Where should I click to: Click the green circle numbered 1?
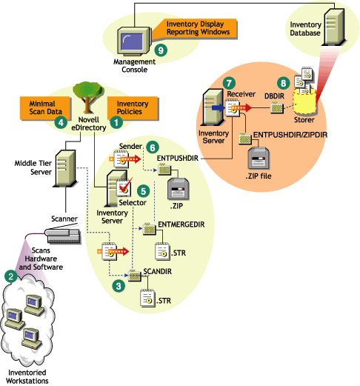[x=115, y=116]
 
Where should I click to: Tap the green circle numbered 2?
[x=10, y=275]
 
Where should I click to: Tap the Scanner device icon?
[x=64, y=234]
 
